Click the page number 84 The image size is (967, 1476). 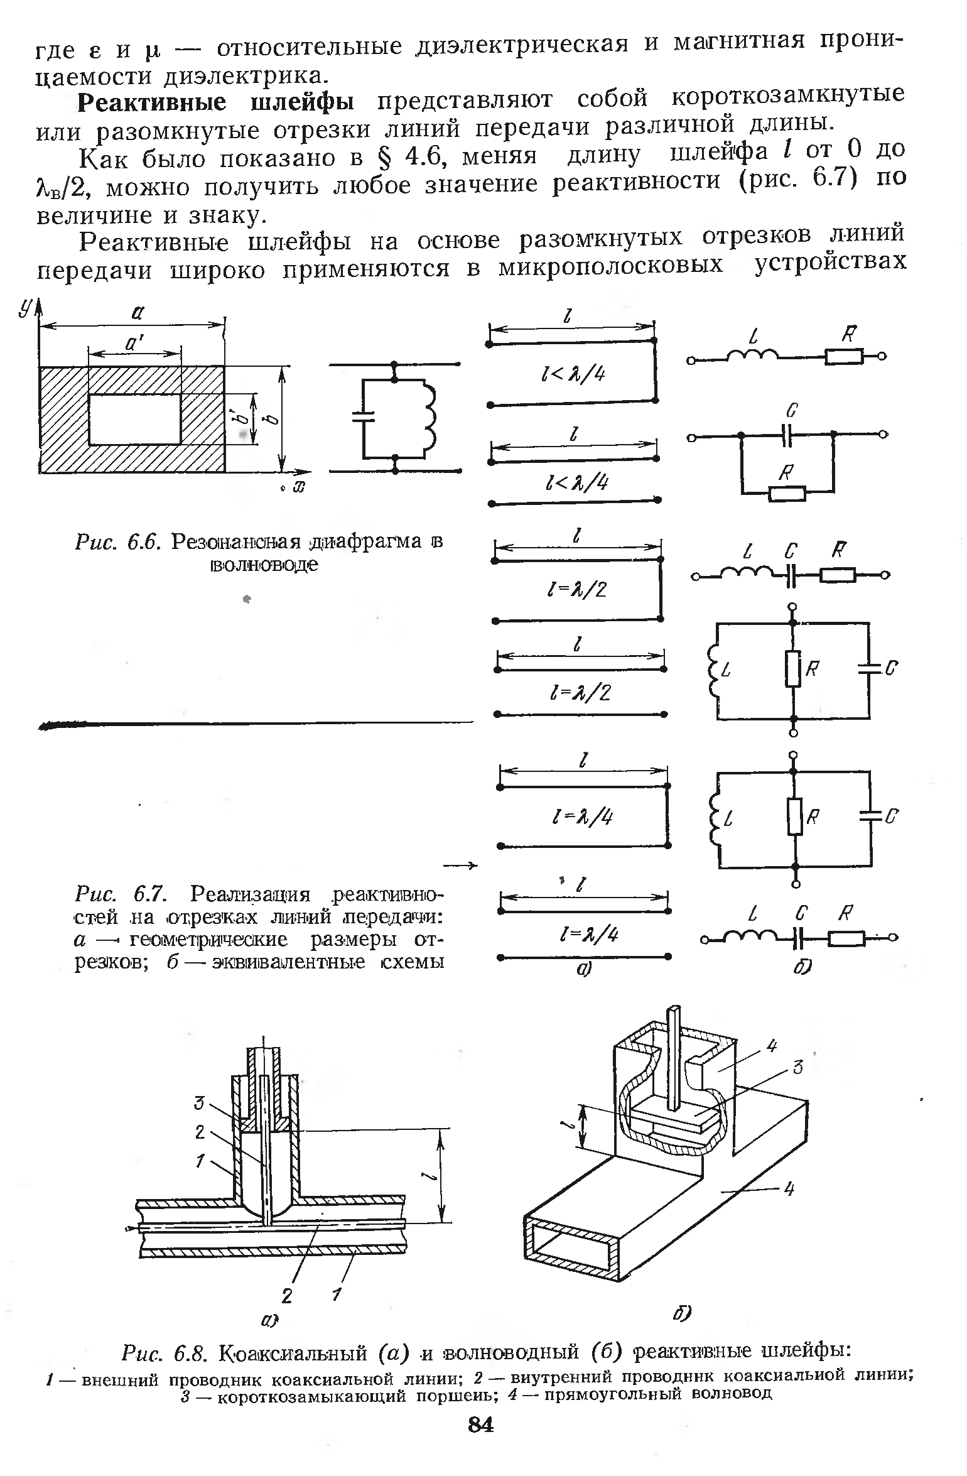point(481,1443)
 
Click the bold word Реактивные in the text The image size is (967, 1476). point(154,102)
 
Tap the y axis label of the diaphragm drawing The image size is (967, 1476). point(25,307)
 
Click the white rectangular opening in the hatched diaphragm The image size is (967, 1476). point(134,419)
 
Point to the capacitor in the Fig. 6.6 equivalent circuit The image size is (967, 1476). point(364,416)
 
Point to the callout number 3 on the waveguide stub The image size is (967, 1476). point(797,1066)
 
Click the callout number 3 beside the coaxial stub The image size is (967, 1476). point(198,1101)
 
